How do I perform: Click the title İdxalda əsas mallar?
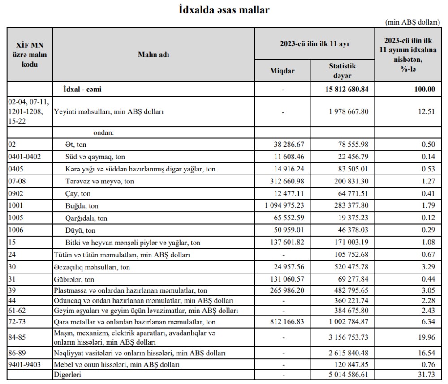[x=224, y=9]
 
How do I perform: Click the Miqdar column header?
[x=283, y=71]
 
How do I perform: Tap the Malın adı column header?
[x=153, y=55]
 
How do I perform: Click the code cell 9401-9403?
[x=25, y=364]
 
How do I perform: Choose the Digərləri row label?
[x=69, y=374]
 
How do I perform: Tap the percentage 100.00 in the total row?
[x=425, y=89]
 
